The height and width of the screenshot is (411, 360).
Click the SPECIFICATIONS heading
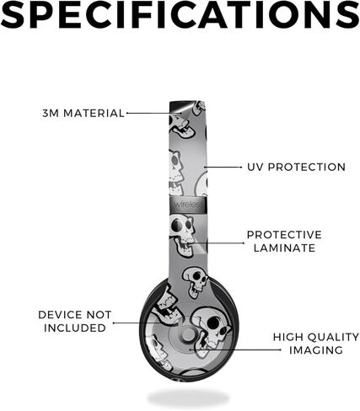180,14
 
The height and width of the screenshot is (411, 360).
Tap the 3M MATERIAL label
83,114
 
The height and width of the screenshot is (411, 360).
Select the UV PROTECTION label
296,167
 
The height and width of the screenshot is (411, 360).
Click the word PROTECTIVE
284,235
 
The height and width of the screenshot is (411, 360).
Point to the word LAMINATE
284,248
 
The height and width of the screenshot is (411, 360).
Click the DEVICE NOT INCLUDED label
75,321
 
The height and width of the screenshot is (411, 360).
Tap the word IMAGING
316,350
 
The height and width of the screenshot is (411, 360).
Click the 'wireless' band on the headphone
188,204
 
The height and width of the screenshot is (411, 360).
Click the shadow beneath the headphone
188,398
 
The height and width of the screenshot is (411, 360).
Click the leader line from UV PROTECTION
223,167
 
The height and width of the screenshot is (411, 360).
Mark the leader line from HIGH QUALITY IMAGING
235,350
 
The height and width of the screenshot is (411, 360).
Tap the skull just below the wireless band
182,235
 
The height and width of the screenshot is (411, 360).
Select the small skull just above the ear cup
196,281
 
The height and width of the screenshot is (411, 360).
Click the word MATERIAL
94,114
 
